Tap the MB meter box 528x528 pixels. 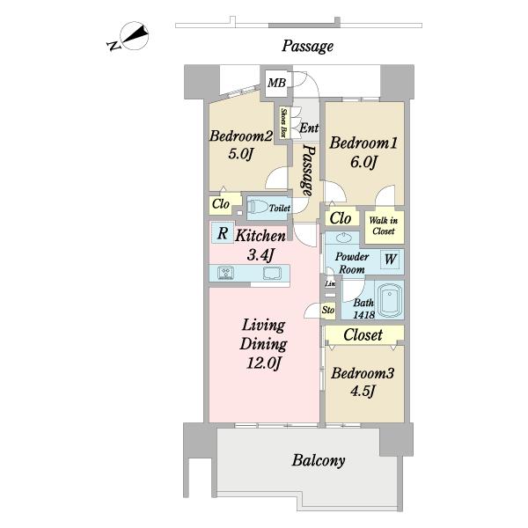(x=277, y=84)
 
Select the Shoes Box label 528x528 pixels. (x=284, y=122)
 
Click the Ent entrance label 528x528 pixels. (x=308, y=128)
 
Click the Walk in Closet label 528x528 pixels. (x=383, y=226)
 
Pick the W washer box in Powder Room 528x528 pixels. (x=389, y=260)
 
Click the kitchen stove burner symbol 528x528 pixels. (x=224, y=273)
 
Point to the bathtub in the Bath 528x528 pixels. (x=388, y=302)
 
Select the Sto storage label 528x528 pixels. (x=328, y=310)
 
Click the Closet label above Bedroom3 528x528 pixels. (x=363, y=335)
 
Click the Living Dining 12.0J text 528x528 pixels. (x=262, y=343)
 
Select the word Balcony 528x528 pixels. (x=318, y=460)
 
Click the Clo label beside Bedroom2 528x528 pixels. (x=221, y=204)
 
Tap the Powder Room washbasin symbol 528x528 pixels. (x=341, y=238)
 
